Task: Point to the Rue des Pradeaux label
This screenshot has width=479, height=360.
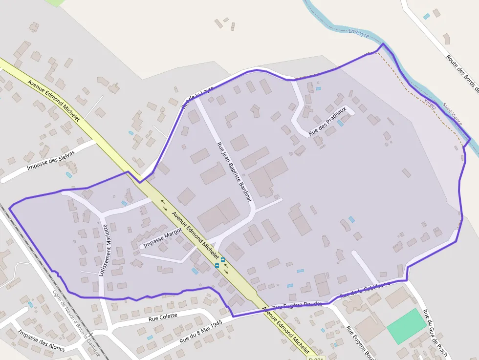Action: pos(327,121)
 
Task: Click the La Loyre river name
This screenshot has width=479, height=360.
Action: pos(359,32)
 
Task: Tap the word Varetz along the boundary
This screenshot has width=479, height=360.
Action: pos(431,103)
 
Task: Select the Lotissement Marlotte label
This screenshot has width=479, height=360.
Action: pos(103,250)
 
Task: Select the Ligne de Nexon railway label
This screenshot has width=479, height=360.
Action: pos(76,322)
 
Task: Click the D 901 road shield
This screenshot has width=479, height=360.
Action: pos(317,359)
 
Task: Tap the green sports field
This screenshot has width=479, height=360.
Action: pos(406,326)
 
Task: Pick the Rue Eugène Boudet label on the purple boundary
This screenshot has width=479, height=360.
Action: pos(297,305)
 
